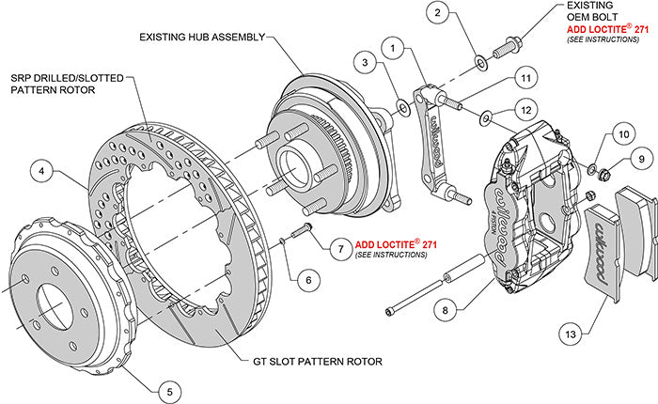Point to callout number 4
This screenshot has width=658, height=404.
40,172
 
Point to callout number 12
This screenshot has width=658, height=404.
526,110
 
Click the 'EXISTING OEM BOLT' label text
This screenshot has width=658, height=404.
596,12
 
